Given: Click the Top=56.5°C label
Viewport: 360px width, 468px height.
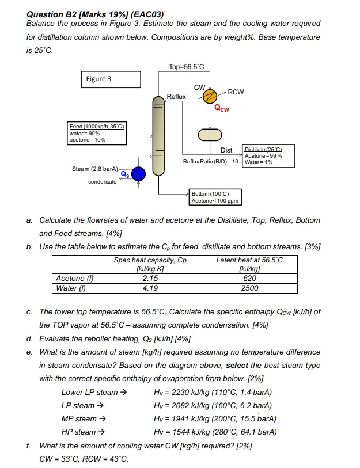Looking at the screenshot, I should tap(187, 67).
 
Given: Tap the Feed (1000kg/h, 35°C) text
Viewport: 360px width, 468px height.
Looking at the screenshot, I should tap(97, 126).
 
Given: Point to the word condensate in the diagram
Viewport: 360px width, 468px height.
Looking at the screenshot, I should tap(102, 182).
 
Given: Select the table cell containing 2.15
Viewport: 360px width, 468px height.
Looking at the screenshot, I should tap(150, 278).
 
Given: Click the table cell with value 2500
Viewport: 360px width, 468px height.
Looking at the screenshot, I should tap(249, 288).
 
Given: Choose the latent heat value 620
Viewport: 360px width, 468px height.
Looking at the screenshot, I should tap(249, 278).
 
